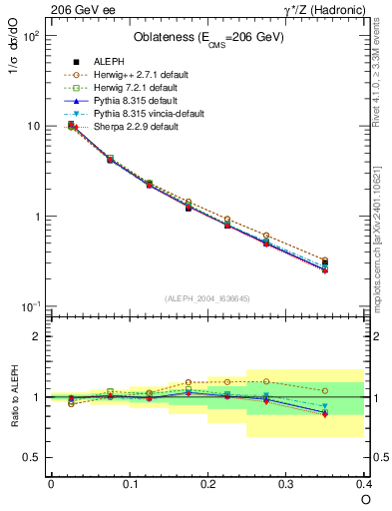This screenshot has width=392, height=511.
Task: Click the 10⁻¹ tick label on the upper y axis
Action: click(31, 306)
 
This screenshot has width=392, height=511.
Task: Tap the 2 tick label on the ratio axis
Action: click(37, 336)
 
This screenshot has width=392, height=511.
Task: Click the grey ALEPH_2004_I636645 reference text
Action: click(207, 298)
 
